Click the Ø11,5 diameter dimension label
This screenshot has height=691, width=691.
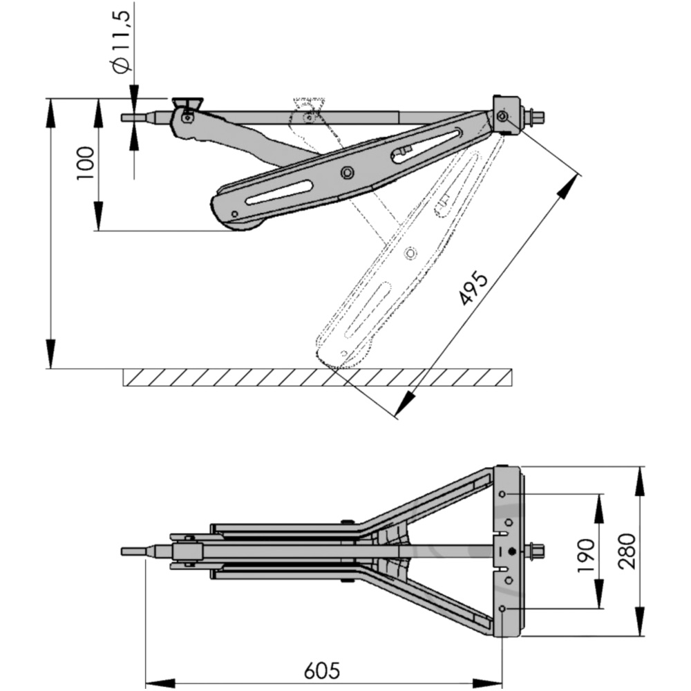(x=120, y=42)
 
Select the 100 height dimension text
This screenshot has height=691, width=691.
(x=86, y=164)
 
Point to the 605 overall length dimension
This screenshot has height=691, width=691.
(x=322, y=670)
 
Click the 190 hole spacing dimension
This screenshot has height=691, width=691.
(x=586, y=556)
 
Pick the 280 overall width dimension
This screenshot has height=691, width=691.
(x=627, y=551)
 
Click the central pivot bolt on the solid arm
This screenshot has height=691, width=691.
(x=348, y=172)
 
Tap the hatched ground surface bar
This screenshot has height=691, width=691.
(x=318, y=377)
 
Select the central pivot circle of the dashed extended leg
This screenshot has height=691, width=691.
(x=410, y=253)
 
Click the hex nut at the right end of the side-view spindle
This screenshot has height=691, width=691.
(x=535, y=116)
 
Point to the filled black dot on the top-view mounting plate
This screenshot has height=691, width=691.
(x=511, y=551)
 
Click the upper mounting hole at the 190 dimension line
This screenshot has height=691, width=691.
(x=502, y=495)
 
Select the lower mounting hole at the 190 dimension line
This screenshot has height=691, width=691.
(x=502, y=609)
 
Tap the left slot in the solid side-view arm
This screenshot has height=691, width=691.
(x=279, y=193)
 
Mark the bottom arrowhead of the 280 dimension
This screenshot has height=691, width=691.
(x=641, y=621)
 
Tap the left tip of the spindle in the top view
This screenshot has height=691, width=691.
(x=122, y=551)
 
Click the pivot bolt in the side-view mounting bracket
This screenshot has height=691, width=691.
(x=502, y=116)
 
